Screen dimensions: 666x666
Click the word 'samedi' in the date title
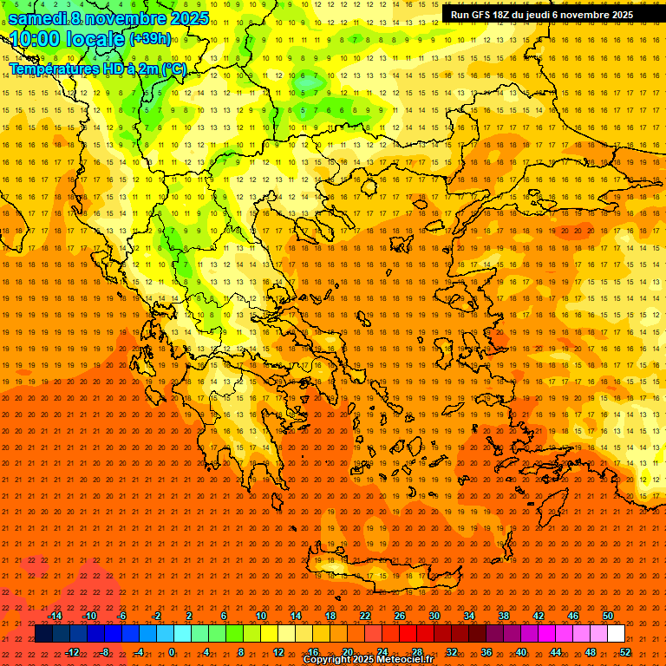39,17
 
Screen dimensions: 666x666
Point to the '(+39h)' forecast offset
150,39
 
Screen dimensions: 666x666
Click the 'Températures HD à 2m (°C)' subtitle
97,69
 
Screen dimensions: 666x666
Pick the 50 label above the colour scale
607,616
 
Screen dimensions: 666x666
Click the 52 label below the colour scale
625,651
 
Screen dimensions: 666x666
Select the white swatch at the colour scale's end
616,634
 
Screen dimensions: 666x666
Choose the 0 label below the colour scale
172,651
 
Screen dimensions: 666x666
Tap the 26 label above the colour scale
400,616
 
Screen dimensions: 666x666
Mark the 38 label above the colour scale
504,616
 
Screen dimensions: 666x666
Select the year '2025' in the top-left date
186,17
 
